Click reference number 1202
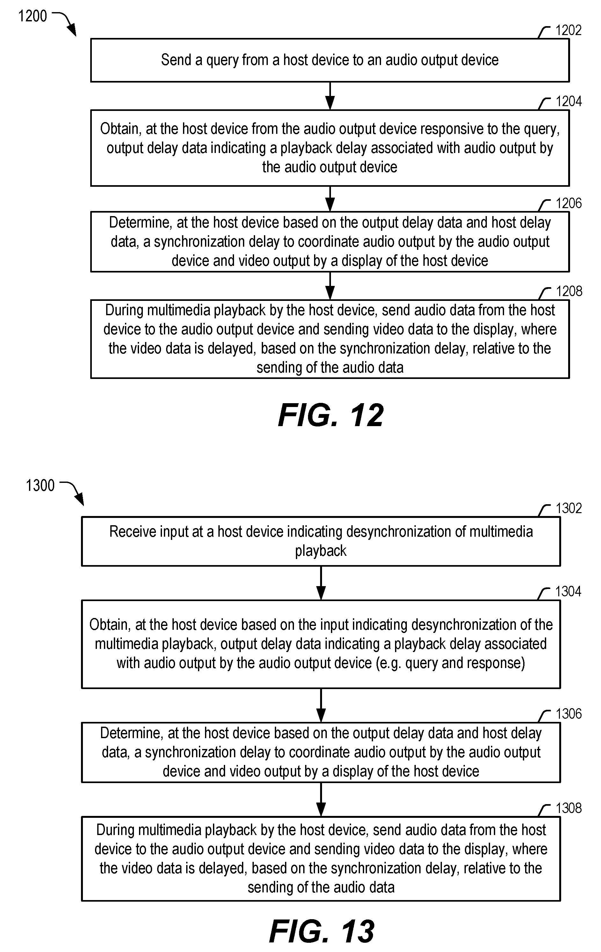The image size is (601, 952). pyautogui.click(x=568, y=31)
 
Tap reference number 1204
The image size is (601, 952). pyautogui.click(x=568, y=102)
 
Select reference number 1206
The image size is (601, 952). pyautogui.click(x=568, y=203)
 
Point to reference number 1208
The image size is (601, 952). pyautogui.click(x=568, y=291)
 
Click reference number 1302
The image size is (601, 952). pyautogui.click(x=568, y=508)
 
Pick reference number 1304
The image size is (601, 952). pyautogui.click(x=568, y=592)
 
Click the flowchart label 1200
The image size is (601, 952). pyautogui.click(x=33, y=16)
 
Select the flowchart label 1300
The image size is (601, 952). pyautogui.click(x=40, y=485)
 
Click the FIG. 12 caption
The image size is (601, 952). pyautogui.click(x=331, y=416)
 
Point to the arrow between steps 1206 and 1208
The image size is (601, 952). pyautogui.click(x=330, y=286)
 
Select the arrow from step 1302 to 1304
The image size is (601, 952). pyautogui.click(x=321, y=583)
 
